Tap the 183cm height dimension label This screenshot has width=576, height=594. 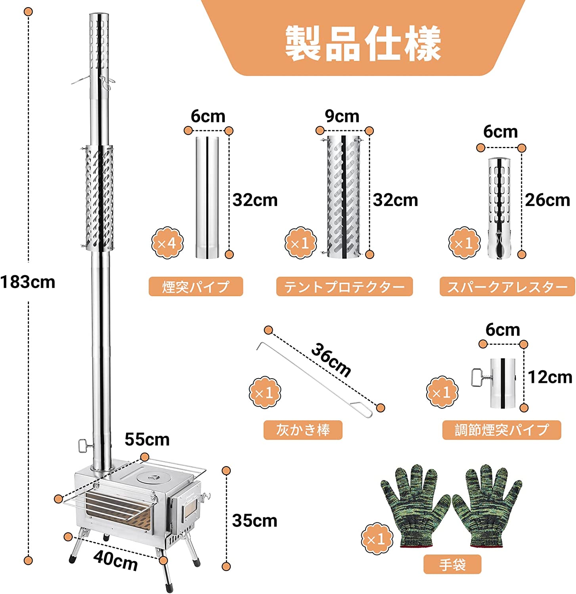(28, 282)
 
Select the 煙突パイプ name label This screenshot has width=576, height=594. (195, 286)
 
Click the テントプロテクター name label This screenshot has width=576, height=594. (344, 286)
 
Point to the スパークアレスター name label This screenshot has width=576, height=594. (507, 286)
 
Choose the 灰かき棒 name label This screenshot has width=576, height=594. (303, 430)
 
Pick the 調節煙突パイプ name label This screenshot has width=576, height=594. (501, 430)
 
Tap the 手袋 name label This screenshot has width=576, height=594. (452, 564)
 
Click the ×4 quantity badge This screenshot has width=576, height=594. (167, 243)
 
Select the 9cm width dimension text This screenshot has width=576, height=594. (342, 116)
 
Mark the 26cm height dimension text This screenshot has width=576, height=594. (547, 200)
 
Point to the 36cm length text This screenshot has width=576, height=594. (331, 360)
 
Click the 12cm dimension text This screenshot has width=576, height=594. (550, 377)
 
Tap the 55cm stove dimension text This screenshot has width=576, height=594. (147, 440)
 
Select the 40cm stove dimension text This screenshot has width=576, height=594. (115, 560)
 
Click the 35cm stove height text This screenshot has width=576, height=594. (255, 520)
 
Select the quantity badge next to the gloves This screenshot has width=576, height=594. (377, 539)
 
